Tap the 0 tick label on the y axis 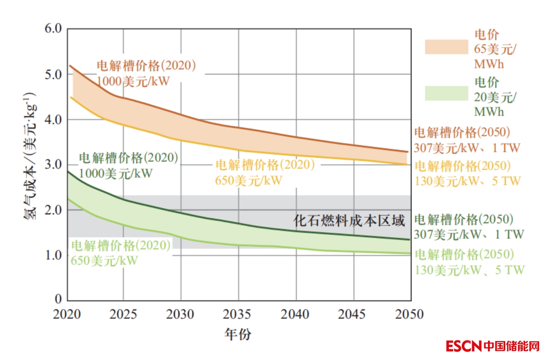(x=57, y=299)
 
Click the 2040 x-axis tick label (x=296, y=314)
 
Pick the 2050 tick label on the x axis (x=410, y=314)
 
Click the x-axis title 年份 (x=238, y=334)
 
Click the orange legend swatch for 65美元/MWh (x=446, y=47)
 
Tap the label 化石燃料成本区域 (x=349, y=221)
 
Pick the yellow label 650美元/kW (x=248, y=180)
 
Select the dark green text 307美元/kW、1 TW (x=469, y=234)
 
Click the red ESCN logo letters (x=464, y=346)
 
